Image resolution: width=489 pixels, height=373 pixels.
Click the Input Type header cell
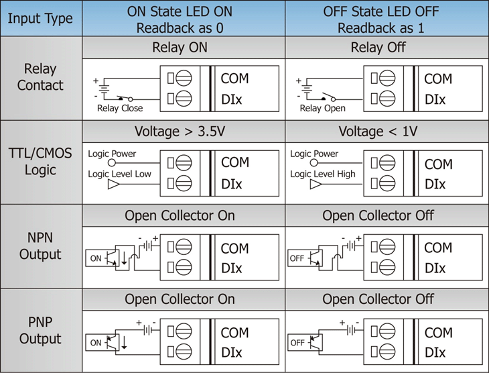click(41, 19)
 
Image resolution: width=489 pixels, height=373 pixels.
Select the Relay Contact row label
click(41, 77)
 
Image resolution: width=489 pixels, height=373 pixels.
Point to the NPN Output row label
click(41, 246)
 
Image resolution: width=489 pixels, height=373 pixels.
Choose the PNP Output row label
click(41, 331)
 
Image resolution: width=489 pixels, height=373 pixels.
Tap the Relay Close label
click(120, 108)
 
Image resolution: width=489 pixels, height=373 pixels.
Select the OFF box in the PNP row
click(297, 343)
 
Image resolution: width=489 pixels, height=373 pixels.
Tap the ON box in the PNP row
click(96, 343)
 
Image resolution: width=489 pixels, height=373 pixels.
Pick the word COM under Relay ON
click(234, 78)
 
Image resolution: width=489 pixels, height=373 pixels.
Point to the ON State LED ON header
click(184, 19)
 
